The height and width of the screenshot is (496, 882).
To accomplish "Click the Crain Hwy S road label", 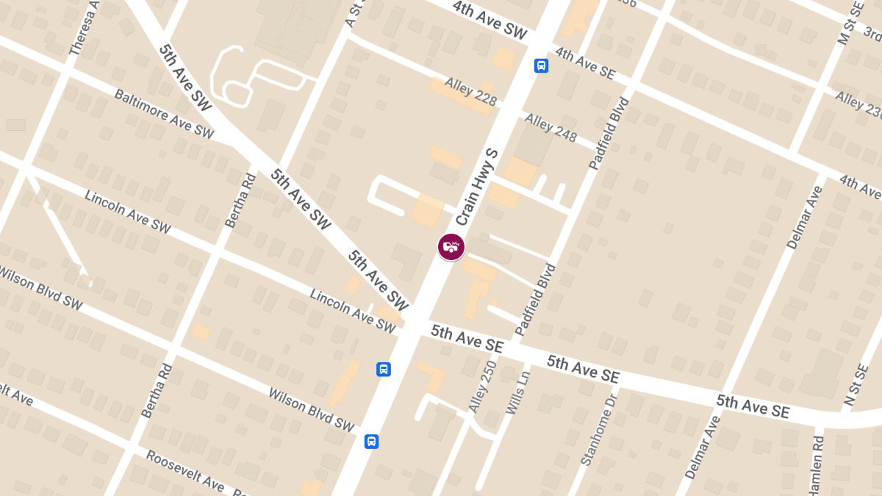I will point(477,187).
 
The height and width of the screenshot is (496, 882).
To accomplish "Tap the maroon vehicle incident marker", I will point(451,247).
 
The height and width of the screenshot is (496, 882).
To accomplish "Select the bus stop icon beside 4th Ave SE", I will point(541,66).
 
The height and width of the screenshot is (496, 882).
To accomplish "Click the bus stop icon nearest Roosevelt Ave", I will point(372,442).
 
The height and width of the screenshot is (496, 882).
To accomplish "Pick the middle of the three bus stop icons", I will point(383,369).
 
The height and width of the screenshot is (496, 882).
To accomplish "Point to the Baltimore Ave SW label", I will point(163,114).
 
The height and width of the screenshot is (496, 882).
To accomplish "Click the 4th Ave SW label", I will point(490,20).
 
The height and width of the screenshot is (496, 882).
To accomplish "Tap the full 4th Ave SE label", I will point(585,64).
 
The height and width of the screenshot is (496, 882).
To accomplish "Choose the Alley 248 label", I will point(551,129).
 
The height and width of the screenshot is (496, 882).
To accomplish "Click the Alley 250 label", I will point(482,385).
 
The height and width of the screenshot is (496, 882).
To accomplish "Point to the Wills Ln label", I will point(517,392).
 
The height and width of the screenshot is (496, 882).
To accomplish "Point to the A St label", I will point(355,12).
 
